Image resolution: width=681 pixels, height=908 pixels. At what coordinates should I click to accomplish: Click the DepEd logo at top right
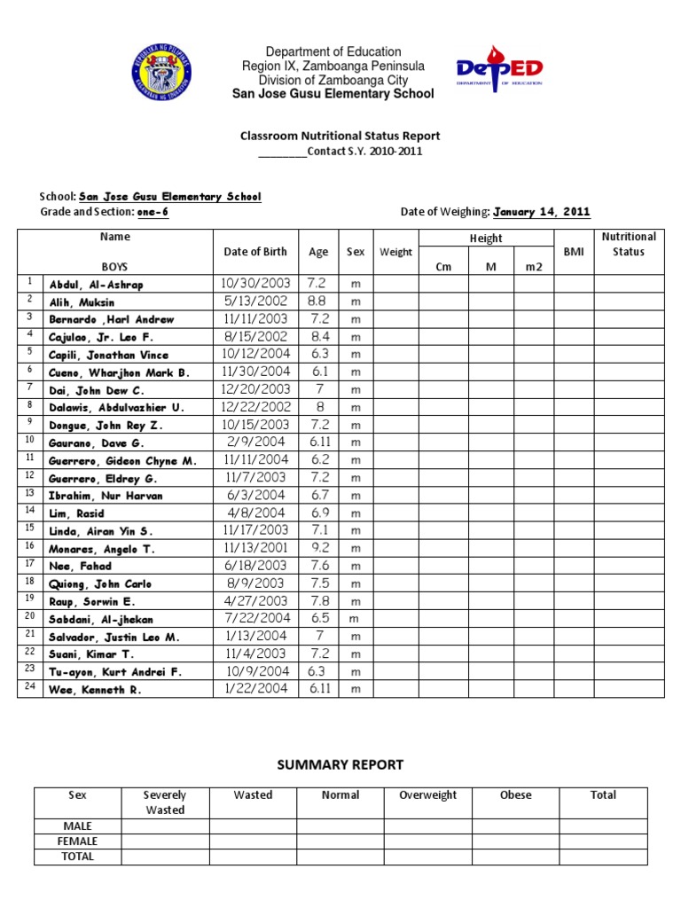(498, 70)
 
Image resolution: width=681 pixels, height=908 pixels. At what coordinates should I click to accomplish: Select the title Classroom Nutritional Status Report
(340, 136)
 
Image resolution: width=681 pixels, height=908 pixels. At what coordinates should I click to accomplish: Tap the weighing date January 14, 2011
(541, 212)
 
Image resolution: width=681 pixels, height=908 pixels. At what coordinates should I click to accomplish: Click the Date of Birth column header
(255, 252)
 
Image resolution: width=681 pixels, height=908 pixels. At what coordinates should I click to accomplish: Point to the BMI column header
(573, 252)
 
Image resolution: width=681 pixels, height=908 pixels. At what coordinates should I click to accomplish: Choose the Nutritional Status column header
(629, 244)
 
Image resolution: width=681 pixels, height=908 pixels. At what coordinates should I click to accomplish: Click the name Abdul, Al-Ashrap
(96, 285)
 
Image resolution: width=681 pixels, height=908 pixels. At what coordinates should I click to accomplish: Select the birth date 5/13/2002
(255, 301)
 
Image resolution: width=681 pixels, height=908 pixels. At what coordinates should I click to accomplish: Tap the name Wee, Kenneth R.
(95, 689)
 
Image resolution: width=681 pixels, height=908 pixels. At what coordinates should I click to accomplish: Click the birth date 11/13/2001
(255, 548)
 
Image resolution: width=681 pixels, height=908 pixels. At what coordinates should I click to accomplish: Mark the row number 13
(29, 493)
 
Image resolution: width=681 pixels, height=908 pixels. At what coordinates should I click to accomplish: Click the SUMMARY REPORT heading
(340, 764)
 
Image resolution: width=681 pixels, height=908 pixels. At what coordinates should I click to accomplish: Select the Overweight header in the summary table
(428, 795)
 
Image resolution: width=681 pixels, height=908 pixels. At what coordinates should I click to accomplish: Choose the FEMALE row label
(78, 841)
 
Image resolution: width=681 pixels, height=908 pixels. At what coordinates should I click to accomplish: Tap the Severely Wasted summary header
(165, 802)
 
